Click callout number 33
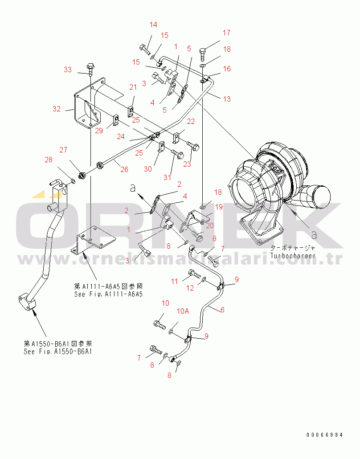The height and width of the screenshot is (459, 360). coord(67,70)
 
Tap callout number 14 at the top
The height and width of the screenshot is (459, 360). coord(153,25)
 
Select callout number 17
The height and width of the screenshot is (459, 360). coord(227,33)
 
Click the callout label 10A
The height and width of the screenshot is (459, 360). coord(183,311)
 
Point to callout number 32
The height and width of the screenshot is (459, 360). coord(57,108)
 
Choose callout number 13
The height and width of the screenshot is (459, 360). coord(227,99)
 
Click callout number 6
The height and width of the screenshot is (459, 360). coord(222,310)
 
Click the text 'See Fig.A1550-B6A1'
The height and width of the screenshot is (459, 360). coord(59,352)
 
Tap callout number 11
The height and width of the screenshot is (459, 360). coord(175,281)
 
